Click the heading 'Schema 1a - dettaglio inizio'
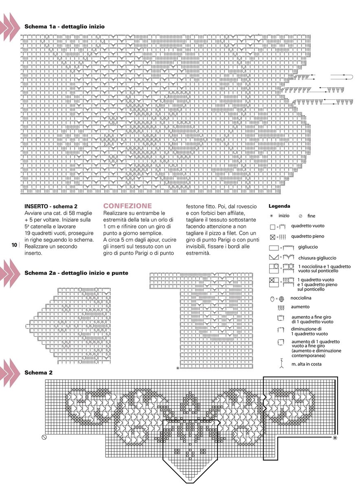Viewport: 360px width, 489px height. pyautogui.click(x=64, y=26)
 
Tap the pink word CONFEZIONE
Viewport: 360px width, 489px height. pyautogui.click(x=127, y=206)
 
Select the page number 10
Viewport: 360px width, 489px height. pyautogui.click(x=13, y=245)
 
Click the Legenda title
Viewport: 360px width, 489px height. pyautogui.click(x=279, y=206)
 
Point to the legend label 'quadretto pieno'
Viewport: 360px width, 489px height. pyautogui.click(x=307, y=236)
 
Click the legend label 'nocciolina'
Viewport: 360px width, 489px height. pyautogui.click(x=301, y=298)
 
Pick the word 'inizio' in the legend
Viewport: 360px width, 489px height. pyautogui.click(x=284, y=216)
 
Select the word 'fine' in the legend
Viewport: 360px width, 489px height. pyautogui.click(x=312, y=216)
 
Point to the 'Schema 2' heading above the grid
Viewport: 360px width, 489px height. pyautogui.click(x=38, y=372)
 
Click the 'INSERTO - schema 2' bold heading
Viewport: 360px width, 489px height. pyautogui.click(x=51, y=206)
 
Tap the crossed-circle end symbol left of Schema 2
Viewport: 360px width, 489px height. pyautogui.click(x=44, y=437)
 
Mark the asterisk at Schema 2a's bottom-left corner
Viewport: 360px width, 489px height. pyautogui.click(x=178, y=368)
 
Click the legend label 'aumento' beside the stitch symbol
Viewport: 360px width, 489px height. pyautogui.click(x=300, y=306)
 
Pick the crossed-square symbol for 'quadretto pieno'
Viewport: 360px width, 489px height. pyautogui.click(x=272, y=237)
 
